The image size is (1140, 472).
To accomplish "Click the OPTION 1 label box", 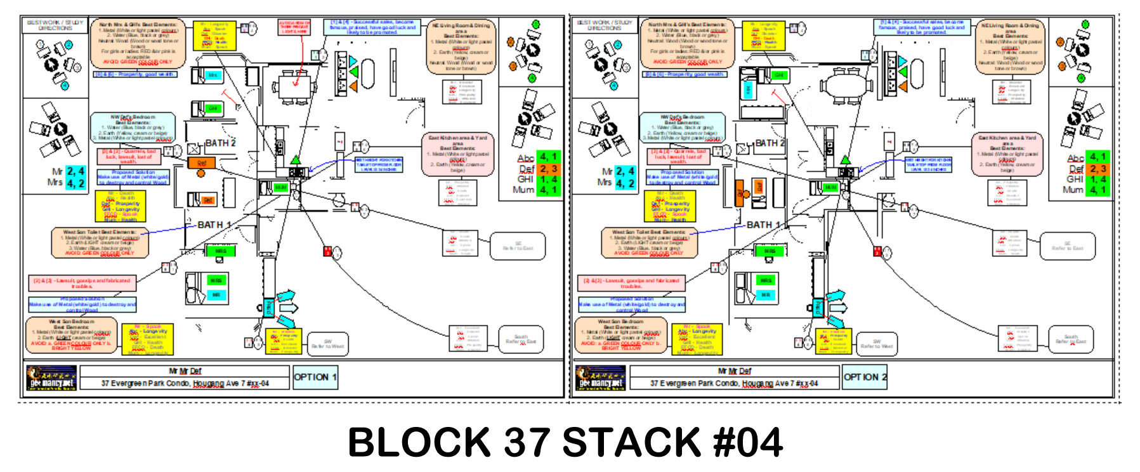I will pos(315,377).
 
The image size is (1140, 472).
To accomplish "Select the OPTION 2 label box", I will pos(865,377).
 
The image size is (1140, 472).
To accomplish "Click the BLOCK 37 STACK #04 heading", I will pos(565,442).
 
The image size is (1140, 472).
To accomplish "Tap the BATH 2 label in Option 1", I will pos(221,143).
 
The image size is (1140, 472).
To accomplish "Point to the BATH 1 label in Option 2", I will pos(763,225).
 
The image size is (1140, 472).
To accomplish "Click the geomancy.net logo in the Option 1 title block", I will pos(51,378).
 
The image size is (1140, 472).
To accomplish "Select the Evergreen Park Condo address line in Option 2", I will pos(734,383).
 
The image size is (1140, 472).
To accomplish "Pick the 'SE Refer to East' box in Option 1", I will pos(518,246).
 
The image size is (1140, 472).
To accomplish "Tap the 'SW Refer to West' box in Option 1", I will pos(327,344).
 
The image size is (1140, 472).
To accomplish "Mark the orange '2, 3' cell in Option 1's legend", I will pos(547,169).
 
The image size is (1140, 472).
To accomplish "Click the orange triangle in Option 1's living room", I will pos(353,85).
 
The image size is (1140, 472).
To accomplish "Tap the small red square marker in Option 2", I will pos(878,251).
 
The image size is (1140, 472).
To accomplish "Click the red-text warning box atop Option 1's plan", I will pos(294,27).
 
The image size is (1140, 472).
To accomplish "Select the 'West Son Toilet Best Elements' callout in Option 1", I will pos(100,242).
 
